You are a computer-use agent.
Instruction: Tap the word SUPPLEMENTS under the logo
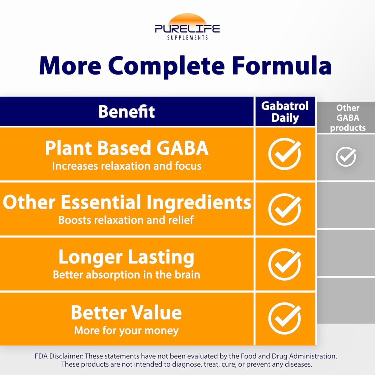click(x=187, y=38)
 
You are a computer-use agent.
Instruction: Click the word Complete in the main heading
click(x=166, y=66)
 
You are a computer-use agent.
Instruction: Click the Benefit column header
click(x=126, y=111)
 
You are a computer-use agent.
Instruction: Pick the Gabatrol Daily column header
click(x=285, y=112)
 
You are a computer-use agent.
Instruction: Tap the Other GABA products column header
click(x=348, y=118)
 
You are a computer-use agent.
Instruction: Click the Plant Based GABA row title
click(x=126, y=148)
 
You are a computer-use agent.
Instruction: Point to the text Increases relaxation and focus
click(x=126, y=166)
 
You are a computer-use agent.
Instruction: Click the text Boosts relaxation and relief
click(x=126, y=220)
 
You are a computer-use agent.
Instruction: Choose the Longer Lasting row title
click(x=126, y=257)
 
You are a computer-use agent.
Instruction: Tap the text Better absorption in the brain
click(x=126, y=275)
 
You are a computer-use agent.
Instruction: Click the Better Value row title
click(x=126, y=312)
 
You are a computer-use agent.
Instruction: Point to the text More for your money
click(x=126, y=331)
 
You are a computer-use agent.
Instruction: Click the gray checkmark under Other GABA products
click(x=346, y=157)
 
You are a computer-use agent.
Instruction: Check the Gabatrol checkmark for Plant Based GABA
click(x=285, y=154)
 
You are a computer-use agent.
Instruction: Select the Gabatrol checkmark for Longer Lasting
click(x=285, y=264)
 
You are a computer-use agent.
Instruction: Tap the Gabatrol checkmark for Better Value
click(x=285, y=318)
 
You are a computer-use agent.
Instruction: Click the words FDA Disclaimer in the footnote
click(x=59, y=356)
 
